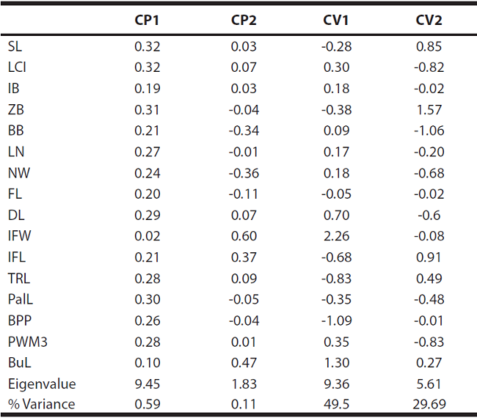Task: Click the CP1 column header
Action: [x=147, y=20]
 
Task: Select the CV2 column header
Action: [x=429, y=20]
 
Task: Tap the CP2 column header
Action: [x=244, y=20]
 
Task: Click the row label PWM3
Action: [x=24, y=341]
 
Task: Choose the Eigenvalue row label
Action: [x=41, y=384]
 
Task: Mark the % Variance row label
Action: [x=41, y=404]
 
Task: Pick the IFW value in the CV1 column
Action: [x=338, y=236]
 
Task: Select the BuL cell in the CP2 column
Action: [x=244, y=362]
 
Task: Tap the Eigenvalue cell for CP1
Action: [x=147, y=384]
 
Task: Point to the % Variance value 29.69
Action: [x=429, y=404]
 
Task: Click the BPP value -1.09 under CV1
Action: [x=338, y=320]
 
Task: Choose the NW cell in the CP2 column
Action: [x=244, y=173]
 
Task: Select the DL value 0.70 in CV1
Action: [x=338, y=215]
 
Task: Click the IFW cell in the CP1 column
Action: [x=147, y=236]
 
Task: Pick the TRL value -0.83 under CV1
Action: [x=338, y=278]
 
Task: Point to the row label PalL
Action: [x=20, y=299]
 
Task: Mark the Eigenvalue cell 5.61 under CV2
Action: [x=429, y=384]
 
